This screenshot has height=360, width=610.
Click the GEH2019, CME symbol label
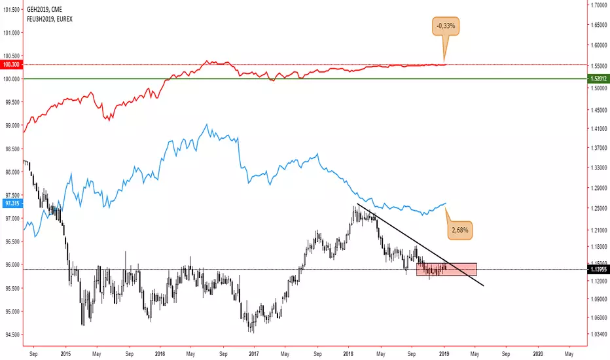(45, 9)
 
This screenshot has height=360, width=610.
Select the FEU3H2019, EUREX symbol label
(49, 19)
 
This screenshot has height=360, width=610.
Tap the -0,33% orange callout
(446, 26)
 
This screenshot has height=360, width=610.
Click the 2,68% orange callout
(460, 230)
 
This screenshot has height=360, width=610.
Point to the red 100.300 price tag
(11, 65)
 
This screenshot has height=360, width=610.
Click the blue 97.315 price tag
(11, 204)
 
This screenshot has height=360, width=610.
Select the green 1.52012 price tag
(598, 79)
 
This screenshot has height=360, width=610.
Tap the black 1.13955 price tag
(598, 269)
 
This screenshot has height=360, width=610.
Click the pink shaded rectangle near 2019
(446, 269)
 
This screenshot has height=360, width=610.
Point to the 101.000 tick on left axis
(11, 33)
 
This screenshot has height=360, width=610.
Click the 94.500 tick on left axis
(11, 334)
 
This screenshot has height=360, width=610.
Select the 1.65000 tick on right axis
(599, 25)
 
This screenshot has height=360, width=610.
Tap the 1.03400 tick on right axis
(599, 334)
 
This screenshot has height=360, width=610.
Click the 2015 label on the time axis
(65, 354)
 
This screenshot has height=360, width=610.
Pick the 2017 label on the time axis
(254, 354)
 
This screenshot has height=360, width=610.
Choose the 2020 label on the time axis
(538, 354)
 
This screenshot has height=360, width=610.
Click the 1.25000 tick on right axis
(599, 209)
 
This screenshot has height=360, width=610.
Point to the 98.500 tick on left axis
(11, 149)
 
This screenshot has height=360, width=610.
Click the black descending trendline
(421, 245)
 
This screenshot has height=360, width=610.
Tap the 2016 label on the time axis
(160, 354)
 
